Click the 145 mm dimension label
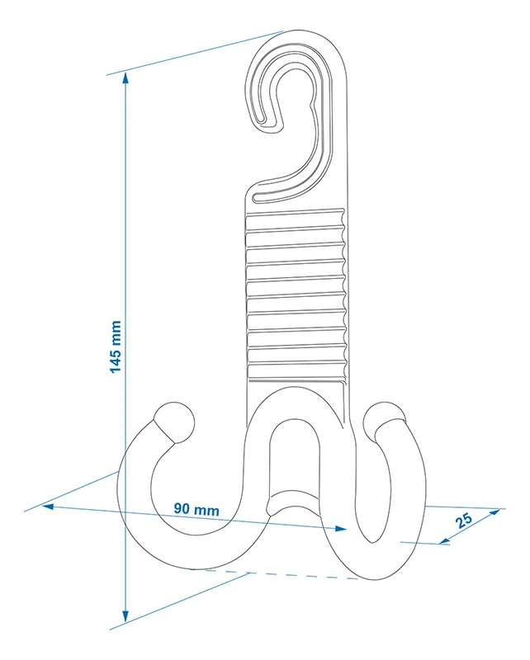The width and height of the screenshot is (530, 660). click(116, 346)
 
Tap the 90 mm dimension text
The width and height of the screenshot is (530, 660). click(196, 510)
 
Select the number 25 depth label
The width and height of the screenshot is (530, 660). click(465, 520)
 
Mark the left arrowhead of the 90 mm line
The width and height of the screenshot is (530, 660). click(48, 505)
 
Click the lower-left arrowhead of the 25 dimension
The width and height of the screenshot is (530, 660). click(444, 541)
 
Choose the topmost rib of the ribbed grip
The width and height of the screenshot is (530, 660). click(296, 217)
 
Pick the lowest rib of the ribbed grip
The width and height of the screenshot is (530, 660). click(296, 375)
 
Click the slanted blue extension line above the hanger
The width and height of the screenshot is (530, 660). click(198, 51)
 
